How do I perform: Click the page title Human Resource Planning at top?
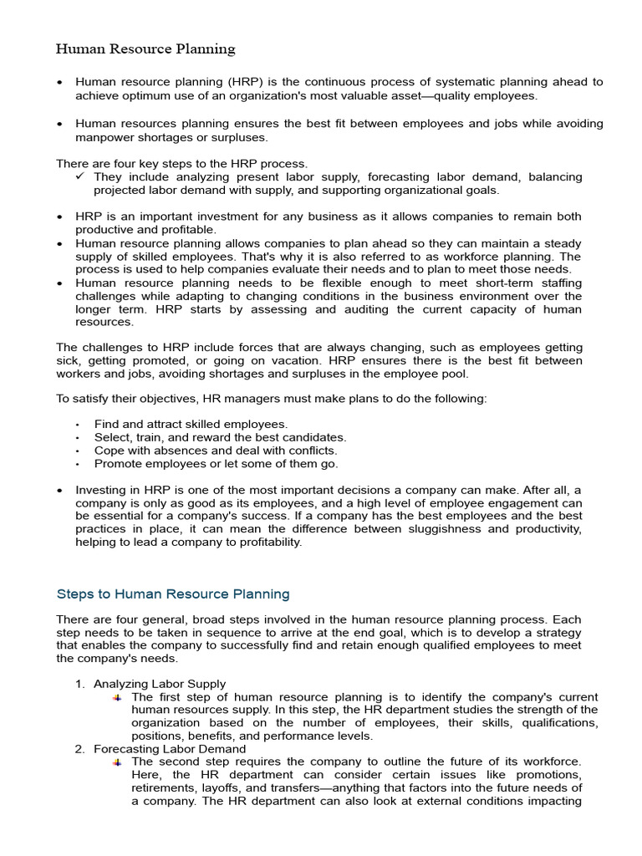145,48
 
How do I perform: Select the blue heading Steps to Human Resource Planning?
173,594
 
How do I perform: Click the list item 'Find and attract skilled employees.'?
191,425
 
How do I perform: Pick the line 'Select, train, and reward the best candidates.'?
220,437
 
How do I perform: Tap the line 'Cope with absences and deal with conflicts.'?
216,451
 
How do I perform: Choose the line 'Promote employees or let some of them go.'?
216,464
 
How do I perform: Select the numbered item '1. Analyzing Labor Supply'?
150,684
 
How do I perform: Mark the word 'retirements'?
166,788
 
